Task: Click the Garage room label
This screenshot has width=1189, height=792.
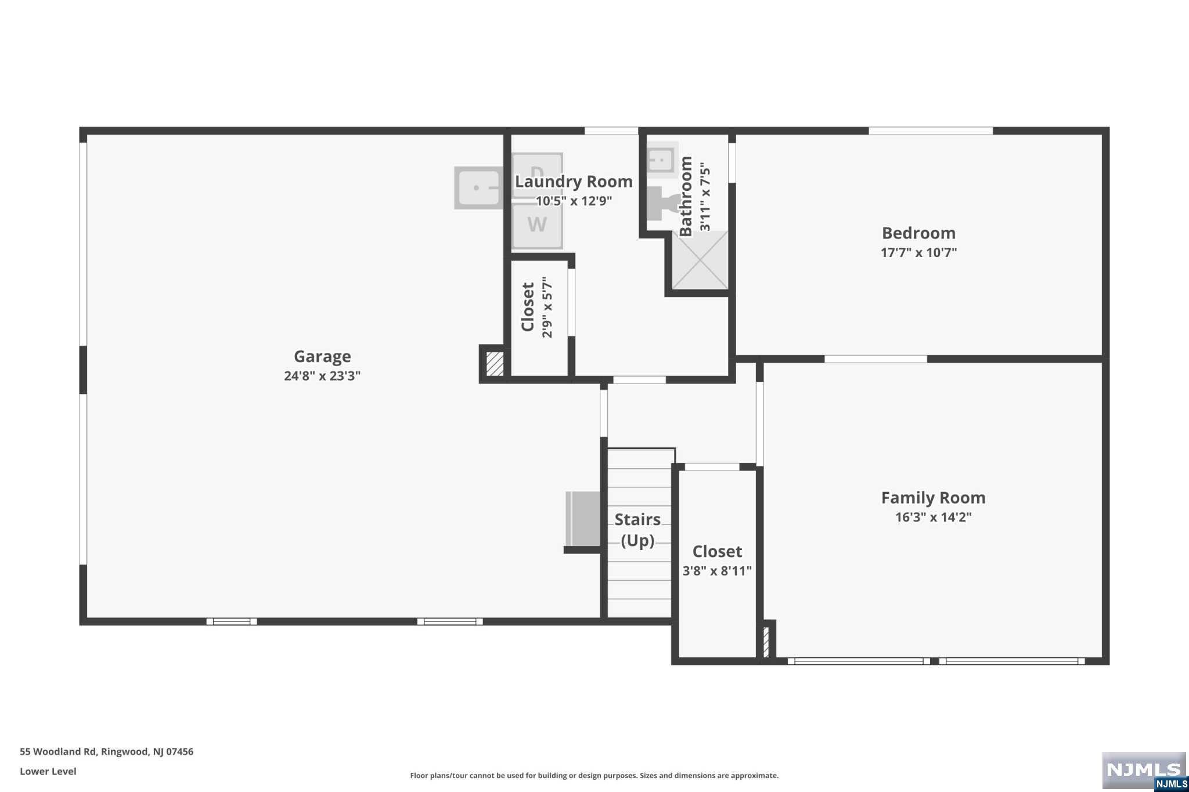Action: pyautogui.click(x=322, y=356)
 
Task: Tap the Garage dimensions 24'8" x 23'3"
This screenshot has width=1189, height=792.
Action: pyautogui.click(x=322, y=375)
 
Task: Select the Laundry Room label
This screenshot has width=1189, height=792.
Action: pyautogui.click(x=574, y=182)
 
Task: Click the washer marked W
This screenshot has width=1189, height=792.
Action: pyautogui.click(x=537, y=225)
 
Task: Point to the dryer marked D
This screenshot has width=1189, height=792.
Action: pyautogui.click(x=537, y=174)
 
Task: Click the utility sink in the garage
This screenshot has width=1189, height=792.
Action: pyautogui.click(x=478, y=188)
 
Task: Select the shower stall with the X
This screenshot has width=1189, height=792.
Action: pyautogui.click(x=700, y=260)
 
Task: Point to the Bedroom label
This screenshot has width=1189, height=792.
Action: pyautogui.click(x=918, y=233)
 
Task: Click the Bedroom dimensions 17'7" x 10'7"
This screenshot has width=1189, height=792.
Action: pyautogui.click(x=918, y=252)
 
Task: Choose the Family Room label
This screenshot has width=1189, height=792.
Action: pyautogui.click(x=933, y=498)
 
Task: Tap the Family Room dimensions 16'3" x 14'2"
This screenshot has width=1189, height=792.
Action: pyautogui.click(x=933, y=517)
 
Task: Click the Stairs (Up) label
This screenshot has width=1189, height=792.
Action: pyautogui.click(x=637, y=530)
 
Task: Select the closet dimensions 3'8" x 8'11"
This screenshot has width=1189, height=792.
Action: pyautogui.click(x=717, y=571)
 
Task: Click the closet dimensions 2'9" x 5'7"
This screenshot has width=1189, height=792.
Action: pyautogui.click(x=547, y=307)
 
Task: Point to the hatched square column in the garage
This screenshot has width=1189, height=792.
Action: pyautogui.click(x=495, y=364)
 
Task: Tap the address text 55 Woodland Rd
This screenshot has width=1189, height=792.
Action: pyautogui.click(x=58, y=751)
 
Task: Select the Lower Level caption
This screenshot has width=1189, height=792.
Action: pyautogui.click(x=48, y=771)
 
